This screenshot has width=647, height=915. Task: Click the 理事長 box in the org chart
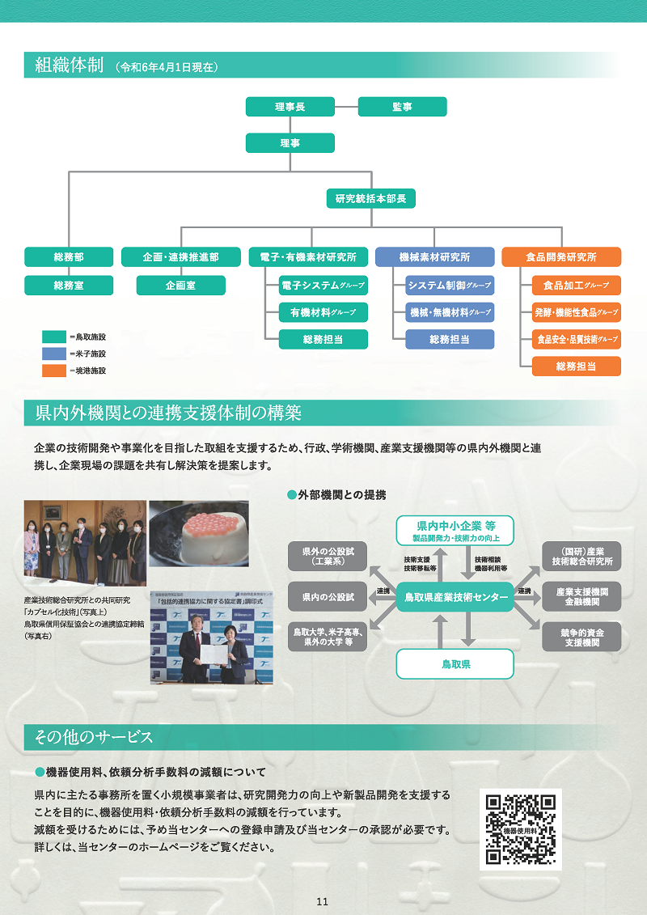click(x=290, y=107)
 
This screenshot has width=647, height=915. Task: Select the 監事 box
click(x=402, y=107)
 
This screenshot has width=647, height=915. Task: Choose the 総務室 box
click(x=69, y=286)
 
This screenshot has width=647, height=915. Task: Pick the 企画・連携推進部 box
click(x=180, y=257)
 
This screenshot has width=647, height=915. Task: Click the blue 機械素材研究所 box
click(x=434, y=257)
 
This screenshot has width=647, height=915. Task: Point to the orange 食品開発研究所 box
click(x=561, y=257)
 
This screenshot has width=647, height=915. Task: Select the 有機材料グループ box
click(x=323, y=312)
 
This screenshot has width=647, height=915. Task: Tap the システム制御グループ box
click(x=450, y=286)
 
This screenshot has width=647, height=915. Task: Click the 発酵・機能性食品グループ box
click(x=576, y=312)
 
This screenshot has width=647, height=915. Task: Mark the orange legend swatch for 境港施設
click(x=53, y=371)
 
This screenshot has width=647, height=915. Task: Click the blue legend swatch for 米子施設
click(x=53, y=354)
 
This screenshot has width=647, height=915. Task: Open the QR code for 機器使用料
click(x=520, y=828)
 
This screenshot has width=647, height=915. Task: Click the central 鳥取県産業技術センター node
click(x=455, y=597)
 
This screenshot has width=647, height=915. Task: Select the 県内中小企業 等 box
click(x=455, y=530)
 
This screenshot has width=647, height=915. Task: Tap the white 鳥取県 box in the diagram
click(x=455, y=663)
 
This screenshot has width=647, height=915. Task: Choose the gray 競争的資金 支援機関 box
click(x=581, y=636)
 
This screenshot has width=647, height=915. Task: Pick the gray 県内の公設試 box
click(x=328, y=597)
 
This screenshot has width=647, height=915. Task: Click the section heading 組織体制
click(x=69, y=66)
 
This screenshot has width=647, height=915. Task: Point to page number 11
click(x=323, y=902)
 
